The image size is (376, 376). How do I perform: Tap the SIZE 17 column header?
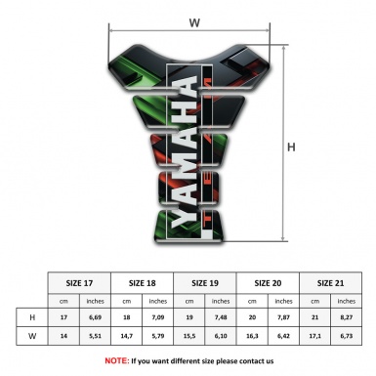(x=80, y=281)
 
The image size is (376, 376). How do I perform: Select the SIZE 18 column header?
(x=143, y=281)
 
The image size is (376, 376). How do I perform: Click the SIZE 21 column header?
(x=331, y=281)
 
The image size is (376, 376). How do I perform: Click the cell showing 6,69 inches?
(x=96, y=318)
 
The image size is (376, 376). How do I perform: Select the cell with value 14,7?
(x=127, y=337)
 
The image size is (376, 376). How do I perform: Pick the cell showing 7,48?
(x=222, y=318)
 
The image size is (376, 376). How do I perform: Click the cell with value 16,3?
(x=253, y=337)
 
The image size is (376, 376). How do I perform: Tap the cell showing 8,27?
(x=347, y=318)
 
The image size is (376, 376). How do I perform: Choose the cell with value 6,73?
(x=347, y=337)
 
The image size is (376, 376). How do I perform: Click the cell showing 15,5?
(x=190, y=337)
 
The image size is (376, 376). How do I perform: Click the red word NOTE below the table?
(x=117, y=360)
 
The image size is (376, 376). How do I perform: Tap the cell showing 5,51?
(x=96, y=337)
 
